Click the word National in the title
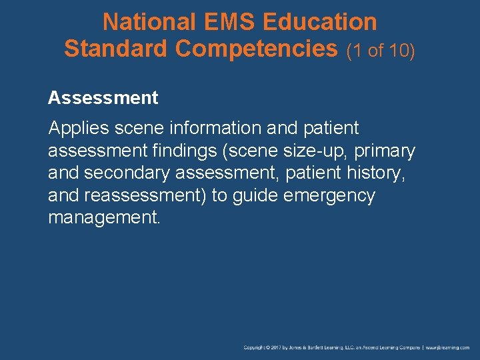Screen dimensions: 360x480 (x=145, y=22)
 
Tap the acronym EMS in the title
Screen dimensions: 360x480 (x=225, y=22)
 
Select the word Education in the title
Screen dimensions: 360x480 (x=320, y=22)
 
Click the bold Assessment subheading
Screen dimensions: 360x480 (x=103, y=98)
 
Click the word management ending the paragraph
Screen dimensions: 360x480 (x=104, y=219)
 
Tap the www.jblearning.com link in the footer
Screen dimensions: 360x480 (x=448, y=348)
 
